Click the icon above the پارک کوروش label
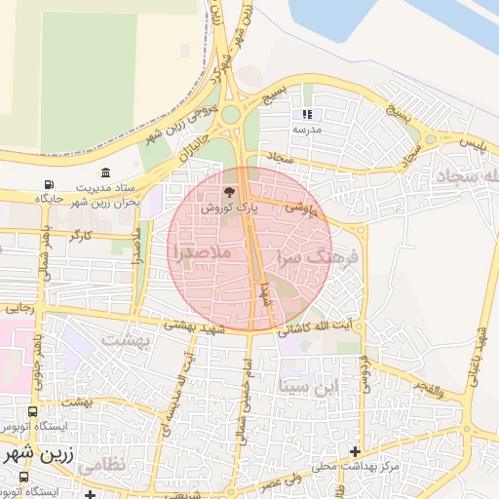click(229, 193)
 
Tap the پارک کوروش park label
click(229, 209)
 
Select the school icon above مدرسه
click(308, 114)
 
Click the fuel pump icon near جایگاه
click(50, 185)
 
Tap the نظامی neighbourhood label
click(99, 467)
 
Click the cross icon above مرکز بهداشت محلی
click(356, 452)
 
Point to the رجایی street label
click(20, 307)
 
